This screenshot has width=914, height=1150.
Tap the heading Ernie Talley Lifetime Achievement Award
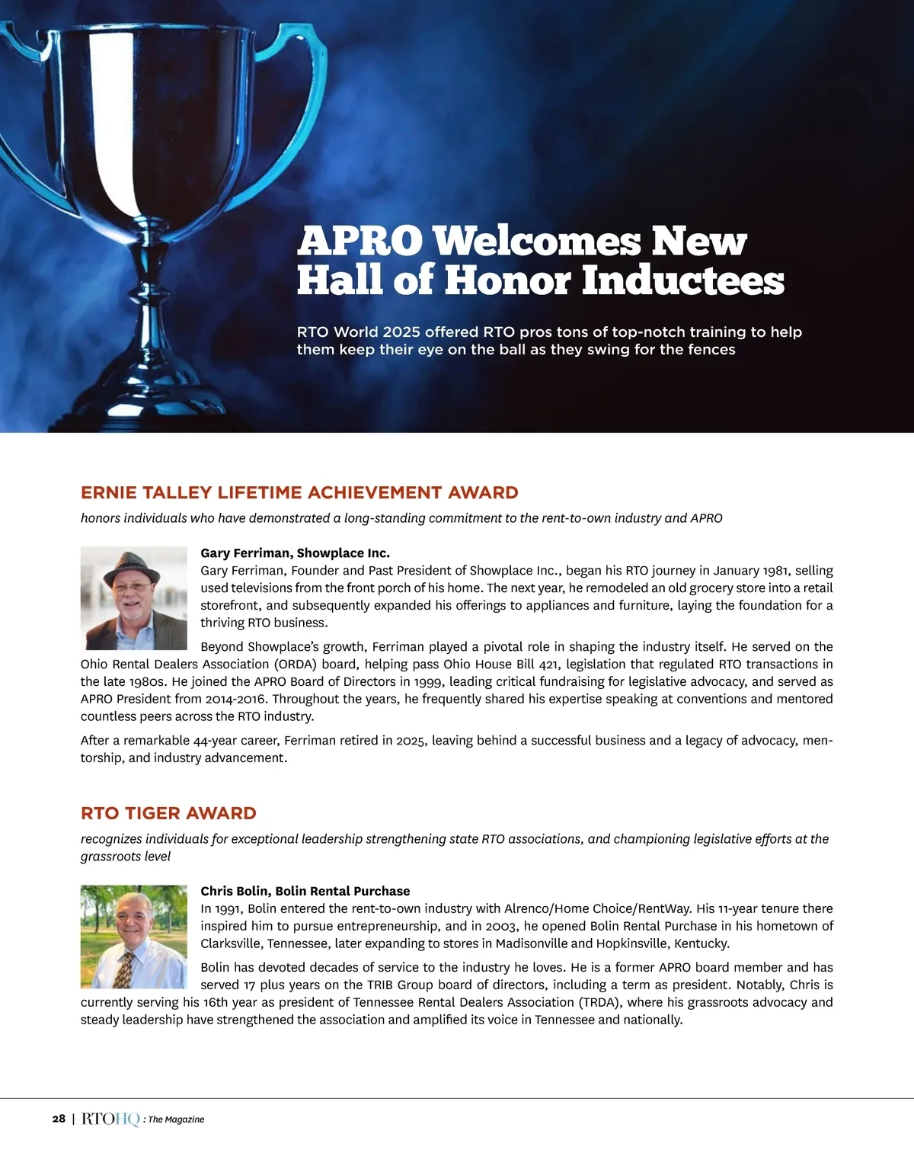point(299,492)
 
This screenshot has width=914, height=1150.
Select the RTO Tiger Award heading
point(168,813)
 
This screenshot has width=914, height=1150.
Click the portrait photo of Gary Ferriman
point(134,597)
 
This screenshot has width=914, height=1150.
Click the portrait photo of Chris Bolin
point(134,937)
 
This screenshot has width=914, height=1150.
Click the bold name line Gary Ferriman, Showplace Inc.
point(295,553)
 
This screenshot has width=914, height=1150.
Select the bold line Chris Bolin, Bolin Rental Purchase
point(305,891)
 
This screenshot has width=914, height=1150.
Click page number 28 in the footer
point(59,1119)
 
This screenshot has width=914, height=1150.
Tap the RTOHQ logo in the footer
point(110,1119)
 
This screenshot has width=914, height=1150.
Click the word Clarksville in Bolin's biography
point(232,943)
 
